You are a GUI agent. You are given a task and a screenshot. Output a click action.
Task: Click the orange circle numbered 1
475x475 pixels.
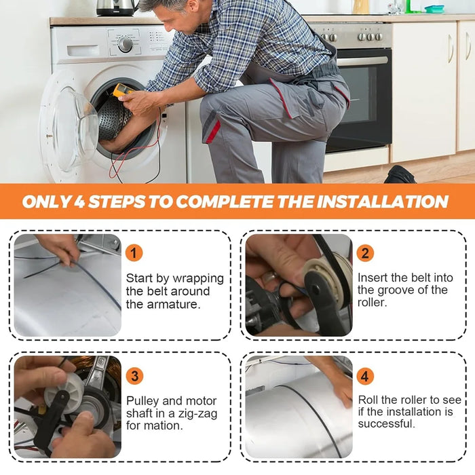[134, 252]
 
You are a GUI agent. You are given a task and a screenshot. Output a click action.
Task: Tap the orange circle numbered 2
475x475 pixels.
[365, 252]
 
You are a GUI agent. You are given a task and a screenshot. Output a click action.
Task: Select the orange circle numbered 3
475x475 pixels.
[134, 376]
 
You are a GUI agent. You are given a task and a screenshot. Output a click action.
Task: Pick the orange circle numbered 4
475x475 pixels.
[365, 376]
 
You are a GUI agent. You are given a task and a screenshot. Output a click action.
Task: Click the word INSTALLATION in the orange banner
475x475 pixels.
[382, 202]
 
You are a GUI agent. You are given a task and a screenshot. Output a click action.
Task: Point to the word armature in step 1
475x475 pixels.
[174, 304]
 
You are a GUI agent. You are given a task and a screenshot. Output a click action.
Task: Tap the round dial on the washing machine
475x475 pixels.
[125, 44]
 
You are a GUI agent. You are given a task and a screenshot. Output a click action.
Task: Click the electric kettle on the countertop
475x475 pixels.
[117, 7]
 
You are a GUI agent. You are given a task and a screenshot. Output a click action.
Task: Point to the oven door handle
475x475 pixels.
[362, 61]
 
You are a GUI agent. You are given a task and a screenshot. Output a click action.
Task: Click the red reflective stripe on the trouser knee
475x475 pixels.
[213, 132]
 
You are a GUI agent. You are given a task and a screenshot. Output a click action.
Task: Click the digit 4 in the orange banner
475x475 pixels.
[79, 202]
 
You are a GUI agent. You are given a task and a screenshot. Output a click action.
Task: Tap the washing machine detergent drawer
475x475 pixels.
[83, 51]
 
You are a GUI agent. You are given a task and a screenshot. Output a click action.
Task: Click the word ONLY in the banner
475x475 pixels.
[47, 202]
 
